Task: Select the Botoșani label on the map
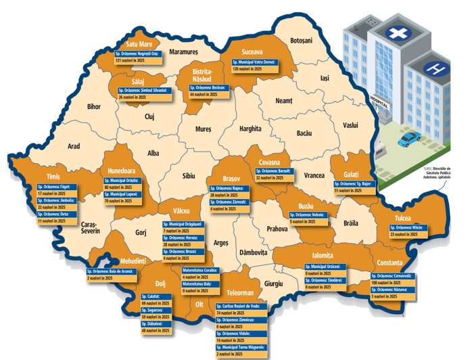(x=301, y=41)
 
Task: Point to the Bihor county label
(x=93, y=106)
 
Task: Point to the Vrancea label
(x=314, y=175)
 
